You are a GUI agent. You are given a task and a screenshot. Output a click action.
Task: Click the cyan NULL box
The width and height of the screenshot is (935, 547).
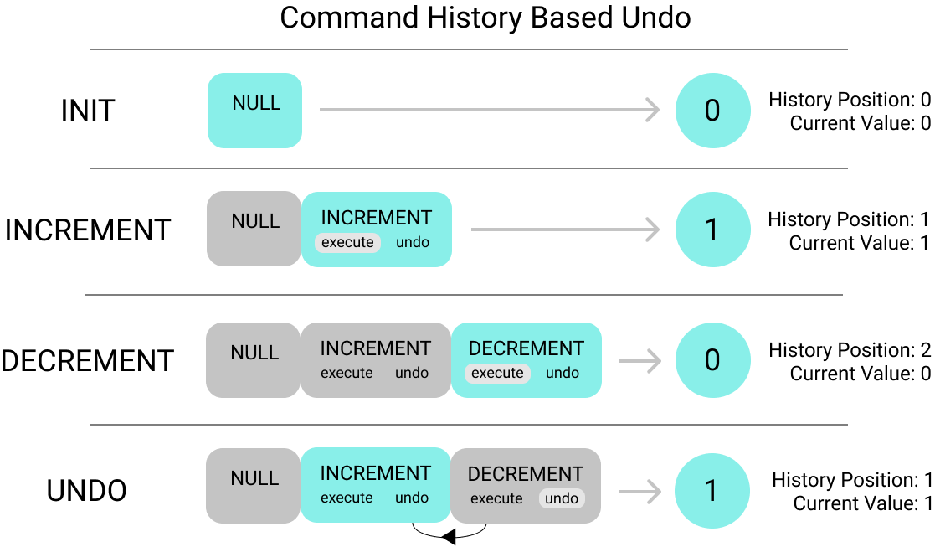(254, 111)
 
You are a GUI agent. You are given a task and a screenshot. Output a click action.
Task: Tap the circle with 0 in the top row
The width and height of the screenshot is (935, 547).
(712, 111)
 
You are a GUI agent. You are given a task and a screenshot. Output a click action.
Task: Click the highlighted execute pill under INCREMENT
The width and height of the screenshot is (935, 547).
(347, 242)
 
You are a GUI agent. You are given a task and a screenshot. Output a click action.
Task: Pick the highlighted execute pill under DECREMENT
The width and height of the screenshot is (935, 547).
(497, 373)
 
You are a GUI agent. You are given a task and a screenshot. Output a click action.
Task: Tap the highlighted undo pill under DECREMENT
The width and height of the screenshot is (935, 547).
(562, 498)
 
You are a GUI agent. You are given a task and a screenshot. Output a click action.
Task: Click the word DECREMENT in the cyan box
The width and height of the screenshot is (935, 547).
(527, 348)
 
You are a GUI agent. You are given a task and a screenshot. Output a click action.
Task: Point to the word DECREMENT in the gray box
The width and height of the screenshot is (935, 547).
(526, 474)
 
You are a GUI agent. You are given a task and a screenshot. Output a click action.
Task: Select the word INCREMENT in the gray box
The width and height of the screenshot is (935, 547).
(376, 348)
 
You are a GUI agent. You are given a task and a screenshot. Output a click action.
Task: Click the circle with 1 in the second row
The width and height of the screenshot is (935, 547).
(712, 230)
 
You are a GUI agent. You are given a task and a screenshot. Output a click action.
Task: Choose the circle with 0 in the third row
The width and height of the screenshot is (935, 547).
(712, 360)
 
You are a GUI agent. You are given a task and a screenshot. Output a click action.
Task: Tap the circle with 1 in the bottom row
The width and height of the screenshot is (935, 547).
(712, 491)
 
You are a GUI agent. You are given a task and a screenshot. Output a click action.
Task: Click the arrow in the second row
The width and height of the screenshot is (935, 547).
(565, 230)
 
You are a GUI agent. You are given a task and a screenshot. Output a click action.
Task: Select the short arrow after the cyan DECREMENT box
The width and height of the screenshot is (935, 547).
(640, 361)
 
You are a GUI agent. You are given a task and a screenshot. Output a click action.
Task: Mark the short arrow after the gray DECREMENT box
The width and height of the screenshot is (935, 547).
(640, 492)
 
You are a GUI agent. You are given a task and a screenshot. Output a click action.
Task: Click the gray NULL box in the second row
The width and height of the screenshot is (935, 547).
(254, 229)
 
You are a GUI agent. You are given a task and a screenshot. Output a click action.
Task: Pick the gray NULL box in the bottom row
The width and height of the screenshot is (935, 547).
(253, 486)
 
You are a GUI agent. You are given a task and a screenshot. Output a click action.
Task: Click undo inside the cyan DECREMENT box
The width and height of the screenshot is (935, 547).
(563, 373)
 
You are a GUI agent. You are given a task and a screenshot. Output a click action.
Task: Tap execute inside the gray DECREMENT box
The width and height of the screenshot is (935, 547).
(496, 498)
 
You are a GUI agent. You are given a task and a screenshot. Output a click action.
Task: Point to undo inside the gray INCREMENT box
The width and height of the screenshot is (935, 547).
(412, 373)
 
